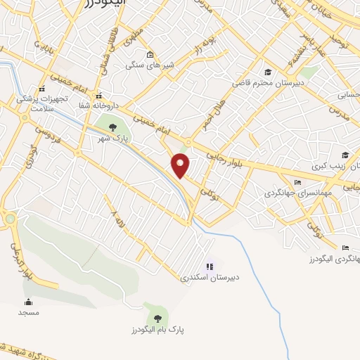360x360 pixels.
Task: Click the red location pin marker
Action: point(181,165)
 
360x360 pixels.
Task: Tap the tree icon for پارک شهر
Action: point(113,127)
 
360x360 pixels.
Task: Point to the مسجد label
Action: point(28,311)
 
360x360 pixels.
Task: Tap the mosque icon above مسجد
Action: point(28,302)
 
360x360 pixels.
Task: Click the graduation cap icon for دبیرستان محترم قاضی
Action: point(268,72)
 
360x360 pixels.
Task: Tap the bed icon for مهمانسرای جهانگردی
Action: point(297,182)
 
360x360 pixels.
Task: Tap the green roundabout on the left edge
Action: point(9,219)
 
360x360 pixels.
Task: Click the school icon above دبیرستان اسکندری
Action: point(210,266)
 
